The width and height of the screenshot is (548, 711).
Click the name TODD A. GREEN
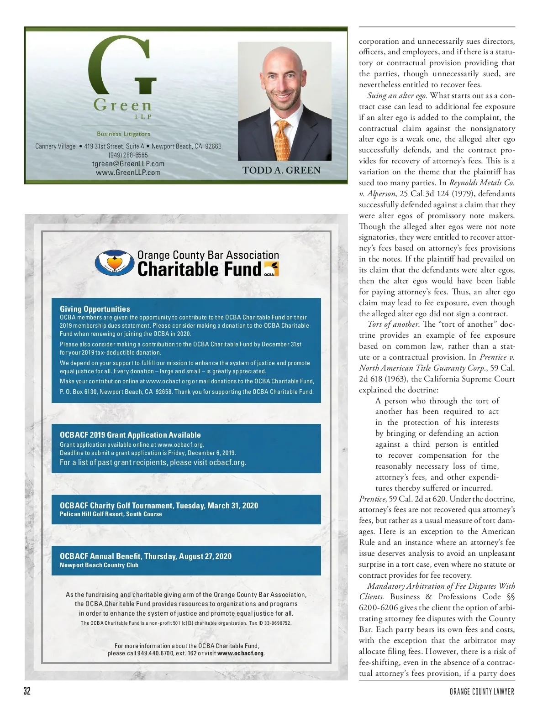pyautogui.click(x=281, y=171)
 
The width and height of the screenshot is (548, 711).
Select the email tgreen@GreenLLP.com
pyautogui.click(x=128, y=164)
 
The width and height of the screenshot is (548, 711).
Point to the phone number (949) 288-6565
pyautogui.click(x=128, y=155)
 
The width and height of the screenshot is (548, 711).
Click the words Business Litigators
pyautogui.click(x=123, y=134)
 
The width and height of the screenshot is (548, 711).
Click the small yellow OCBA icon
pyautogui.click(x=271, y=269)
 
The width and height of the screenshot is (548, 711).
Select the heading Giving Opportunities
pyautogui.click(x=95, y=309)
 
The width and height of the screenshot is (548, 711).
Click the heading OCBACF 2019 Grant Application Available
pyautogui.click(x=130, y=435)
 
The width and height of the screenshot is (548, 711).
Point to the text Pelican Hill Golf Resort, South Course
pyautogui.click(x=111, y=514)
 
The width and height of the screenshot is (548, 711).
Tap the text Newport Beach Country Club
pyautogui.click(x=99, y=565)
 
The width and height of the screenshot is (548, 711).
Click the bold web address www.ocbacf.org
pyautogui.click(x=241, y=653)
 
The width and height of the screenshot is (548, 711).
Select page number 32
pyautogui.click(x=27, y=691)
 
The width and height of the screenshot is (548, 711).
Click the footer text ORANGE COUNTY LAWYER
pyautogui.click(x=482, y=692)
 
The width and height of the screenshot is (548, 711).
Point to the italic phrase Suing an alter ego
pyautogui.click(x=397, y=96)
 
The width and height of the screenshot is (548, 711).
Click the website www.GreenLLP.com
pyautogui.click(x=128, y=173)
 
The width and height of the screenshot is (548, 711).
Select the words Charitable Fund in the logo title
pyautogui.click(x=199, y=269)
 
